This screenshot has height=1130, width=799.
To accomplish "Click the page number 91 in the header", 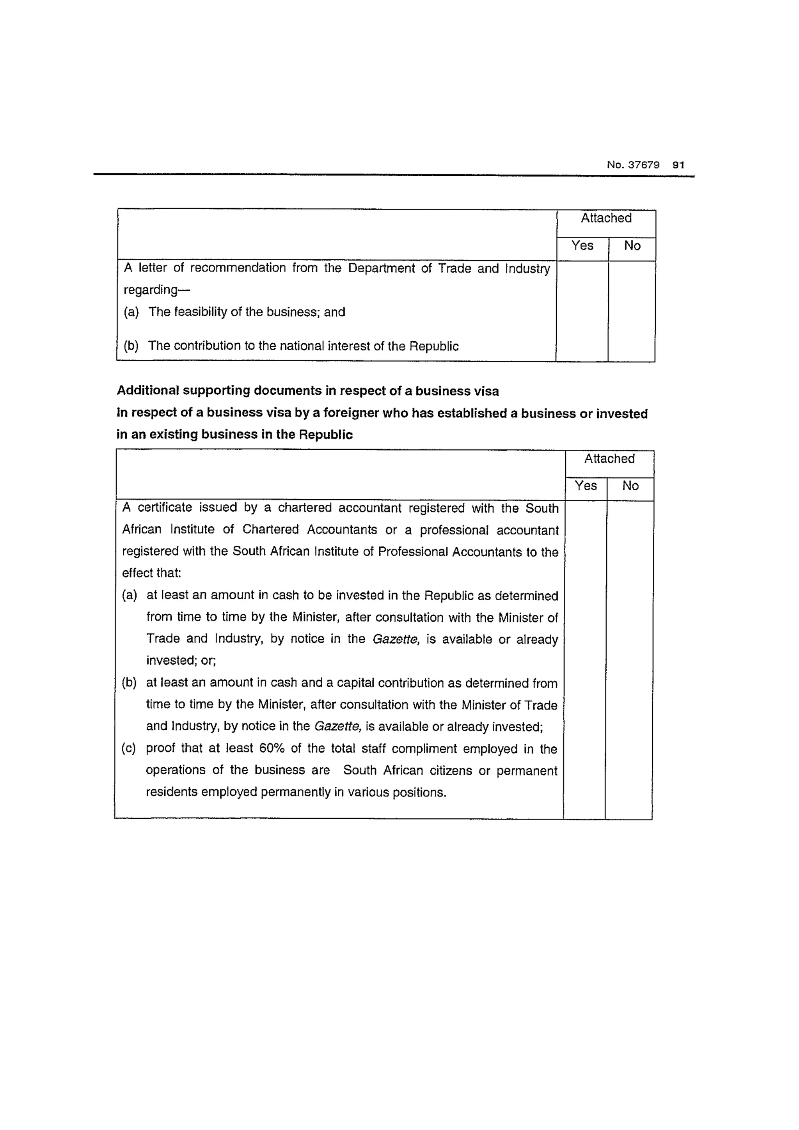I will click(678, 165).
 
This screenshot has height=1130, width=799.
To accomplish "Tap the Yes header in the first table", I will click(582, 246).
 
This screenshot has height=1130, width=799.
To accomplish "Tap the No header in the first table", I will click(632, 246).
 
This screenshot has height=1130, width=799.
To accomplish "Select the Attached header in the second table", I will click(609, 459).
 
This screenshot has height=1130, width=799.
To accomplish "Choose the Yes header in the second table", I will click(586, 486).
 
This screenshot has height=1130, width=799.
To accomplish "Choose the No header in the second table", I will click(630, 486).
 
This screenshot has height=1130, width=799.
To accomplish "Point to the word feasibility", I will click(201, 312).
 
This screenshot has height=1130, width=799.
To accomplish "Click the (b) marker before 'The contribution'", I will click(131, 346).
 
